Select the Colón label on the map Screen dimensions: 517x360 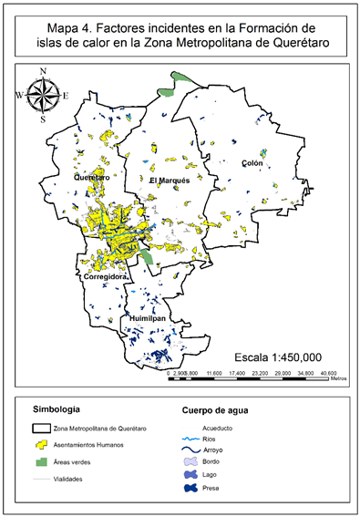252,163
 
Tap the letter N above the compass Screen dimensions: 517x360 42,70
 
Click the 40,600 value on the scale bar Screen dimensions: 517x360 328,373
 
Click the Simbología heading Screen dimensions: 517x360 60,408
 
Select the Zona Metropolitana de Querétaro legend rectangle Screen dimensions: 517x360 46,428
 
